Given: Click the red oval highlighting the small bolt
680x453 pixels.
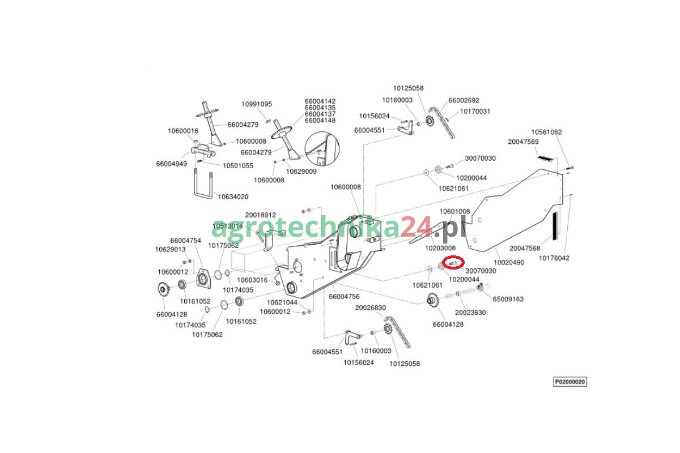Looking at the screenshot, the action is tap(453, 263).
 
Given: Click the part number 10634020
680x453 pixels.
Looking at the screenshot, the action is tap(233, 197).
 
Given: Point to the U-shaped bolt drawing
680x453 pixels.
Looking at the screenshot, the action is tap(203, 184).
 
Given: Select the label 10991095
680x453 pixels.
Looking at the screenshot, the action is tap(257, 104).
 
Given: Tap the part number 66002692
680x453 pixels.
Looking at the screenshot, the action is tap(464, 100).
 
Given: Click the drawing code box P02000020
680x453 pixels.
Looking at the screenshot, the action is tap(570, 382).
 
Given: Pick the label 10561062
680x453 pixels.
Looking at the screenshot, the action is tap(546, 132).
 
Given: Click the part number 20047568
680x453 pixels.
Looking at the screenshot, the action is tap(525, 248).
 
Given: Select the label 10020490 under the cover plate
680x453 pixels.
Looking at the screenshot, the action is tap(509, 262).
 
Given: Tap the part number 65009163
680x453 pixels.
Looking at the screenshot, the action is tap(508, 299).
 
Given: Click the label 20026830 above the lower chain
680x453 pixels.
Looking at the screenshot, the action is tap(371, 307).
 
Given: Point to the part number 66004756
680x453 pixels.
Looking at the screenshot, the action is tap(344, 297).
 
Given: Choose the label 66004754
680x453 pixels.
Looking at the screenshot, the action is tap(185, 241).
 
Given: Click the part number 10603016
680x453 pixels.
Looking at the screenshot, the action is tap(252, 280).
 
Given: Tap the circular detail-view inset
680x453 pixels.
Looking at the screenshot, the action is tap(322, 149).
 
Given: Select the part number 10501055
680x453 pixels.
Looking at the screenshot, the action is tap(237, 166).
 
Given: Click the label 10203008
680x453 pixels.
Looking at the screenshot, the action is tap(440, 248).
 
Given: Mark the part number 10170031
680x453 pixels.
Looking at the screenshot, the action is tap(475, 112).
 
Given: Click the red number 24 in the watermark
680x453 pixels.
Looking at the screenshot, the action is tap(415, 226).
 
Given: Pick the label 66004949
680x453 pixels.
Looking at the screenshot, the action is tap(172, 164).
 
